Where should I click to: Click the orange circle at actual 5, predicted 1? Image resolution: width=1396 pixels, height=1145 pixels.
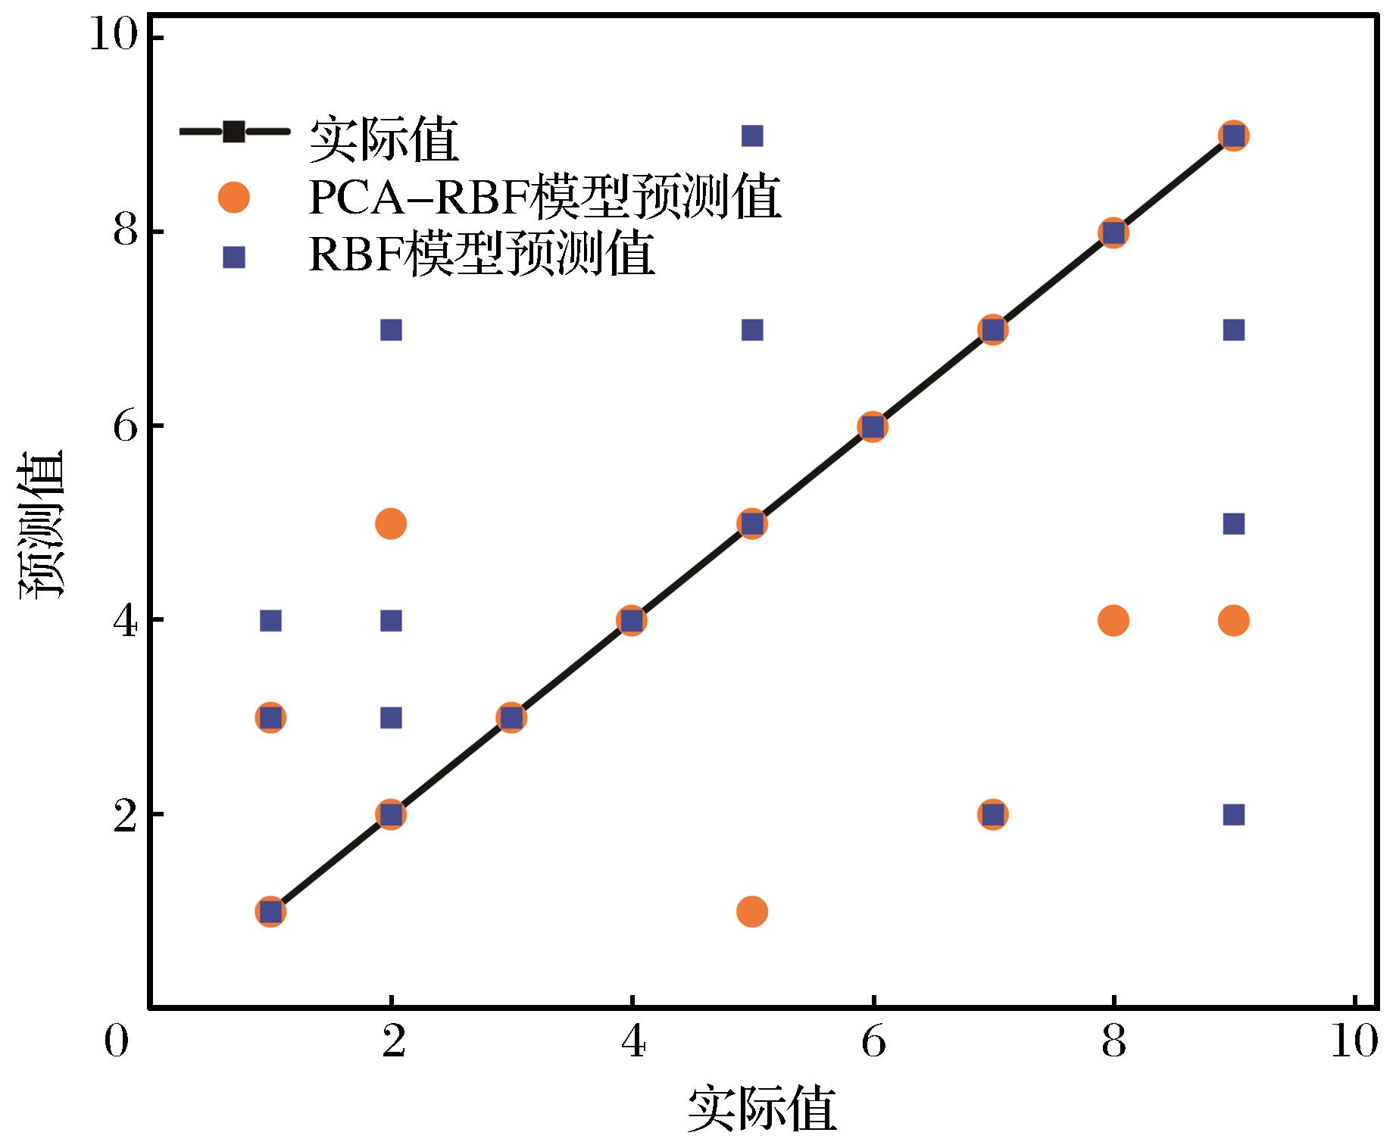click(751, 911)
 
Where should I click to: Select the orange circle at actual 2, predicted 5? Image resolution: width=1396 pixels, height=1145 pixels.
click(391, 523)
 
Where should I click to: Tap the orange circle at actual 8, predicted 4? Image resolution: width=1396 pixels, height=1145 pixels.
click(1113, 621)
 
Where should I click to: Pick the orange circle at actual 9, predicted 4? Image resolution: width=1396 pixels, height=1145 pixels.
click(1233, 621)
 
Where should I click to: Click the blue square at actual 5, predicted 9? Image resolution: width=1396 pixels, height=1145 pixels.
click(751, 136)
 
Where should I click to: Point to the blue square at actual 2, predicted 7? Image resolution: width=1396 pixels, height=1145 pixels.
click(391, 330)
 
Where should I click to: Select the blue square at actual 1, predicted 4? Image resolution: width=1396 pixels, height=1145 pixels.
click(270, 621)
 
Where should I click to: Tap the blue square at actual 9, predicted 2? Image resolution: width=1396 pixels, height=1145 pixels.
click(1233, 815)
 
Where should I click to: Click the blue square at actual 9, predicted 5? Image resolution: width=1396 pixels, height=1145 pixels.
click(1233, 524)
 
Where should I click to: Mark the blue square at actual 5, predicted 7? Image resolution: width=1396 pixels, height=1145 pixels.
click(751, 330)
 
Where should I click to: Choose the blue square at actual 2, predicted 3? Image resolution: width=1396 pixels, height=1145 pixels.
click(391, 718)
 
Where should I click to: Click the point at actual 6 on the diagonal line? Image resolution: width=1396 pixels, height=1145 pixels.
click(872, 427)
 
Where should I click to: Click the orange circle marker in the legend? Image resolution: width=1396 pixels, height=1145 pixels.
click(233, 198)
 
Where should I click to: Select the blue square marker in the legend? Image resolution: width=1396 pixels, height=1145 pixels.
click(233, 258)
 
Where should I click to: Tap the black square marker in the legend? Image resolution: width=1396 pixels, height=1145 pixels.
click(233, 132)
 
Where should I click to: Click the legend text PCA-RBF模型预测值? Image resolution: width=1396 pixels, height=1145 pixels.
click(545, 198)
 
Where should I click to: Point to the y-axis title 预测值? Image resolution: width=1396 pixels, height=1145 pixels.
click(42, 524)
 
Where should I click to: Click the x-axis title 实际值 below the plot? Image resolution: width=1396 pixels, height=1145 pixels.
click(761, 1110)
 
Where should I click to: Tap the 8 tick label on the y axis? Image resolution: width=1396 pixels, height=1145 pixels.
click(126, 232)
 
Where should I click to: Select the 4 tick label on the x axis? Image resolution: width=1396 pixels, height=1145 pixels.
click(632, 1044)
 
